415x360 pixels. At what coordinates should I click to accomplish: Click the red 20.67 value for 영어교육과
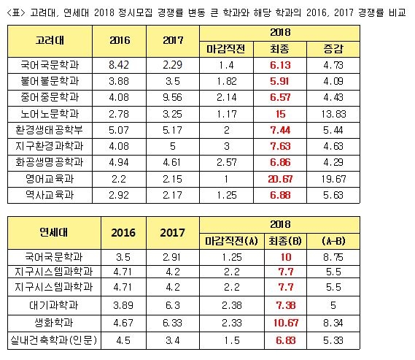280,180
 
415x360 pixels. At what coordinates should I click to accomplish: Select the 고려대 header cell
50,41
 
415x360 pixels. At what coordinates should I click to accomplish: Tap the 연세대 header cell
54,232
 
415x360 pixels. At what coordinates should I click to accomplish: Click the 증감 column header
333,49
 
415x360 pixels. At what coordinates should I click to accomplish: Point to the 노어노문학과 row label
50,114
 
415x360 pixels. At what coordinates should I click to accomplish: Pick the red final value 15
280,114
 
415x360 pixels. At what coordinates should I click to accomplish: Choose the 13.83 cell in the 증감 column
333,114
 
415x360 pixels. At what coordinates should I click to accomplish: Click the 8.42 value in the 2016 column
119,65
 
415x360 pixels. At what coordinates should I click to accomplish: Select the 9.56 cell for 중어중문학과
173,97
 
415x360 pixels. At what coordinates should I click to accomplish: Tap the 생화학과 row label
54,323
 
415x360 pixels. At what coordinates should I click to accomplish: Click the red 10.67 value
286,323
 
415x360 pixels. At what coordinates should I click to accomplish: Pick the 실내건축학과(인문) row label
54,340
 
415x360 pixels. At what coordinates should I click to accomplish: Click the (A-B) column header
333,241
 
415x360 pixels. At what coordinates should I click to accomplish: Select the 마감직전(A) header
232,241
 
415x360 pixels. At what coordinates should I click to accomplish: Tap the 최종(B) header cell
285,241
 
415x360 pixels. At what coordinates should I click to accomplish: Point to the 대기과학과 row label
54,305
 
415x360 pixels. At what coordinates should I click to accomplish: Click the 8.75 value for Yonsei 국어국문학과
333,257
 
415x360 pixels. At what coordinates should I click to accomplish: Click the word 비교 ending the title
397,12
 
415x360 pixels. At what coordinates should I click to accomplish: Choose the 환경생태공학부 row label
50,130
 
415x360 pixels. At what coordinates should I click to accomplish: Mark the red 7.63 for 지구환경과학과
280,146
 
